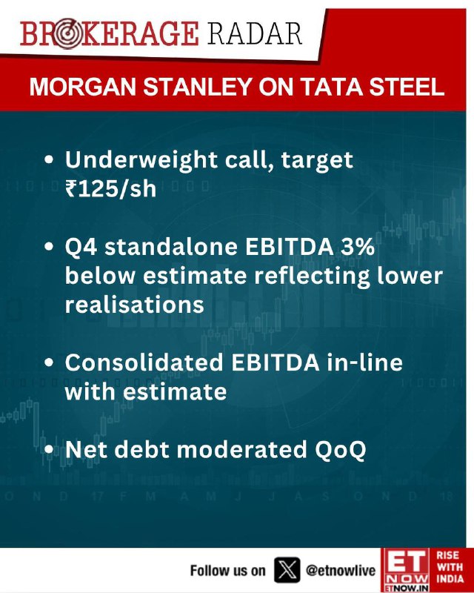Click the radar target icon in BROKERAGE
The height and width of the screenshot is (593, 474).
tap(67, 33)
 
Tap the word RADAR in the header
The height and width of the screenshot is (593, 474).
tap(255, 33)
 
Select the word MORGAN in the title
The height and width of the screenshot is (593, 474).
tap(83, 87)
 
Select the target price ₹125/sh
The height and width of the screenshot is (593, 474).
tap(111, 188)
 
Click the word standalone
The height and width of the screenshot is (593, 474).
tap(171, 247)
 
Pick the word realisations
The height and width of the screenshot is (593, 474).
tap(135, 304)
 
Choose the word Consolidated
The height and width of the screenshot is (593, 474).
tap(144, 362)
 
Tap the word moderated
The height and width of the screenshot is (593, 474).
tap(241, 450)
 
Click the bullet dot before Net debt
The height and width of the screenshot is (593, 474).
tap(49, 450)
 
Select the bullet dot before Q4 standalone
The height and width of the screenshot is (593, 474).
tap(49, 247)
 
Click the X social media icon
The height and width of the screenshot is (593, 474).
tap(287, 570)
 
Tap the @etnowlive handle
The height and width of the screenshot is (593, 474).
tap(341, 570)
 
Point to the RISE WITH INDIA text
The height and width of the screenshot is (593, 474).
tap(450, 567)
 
